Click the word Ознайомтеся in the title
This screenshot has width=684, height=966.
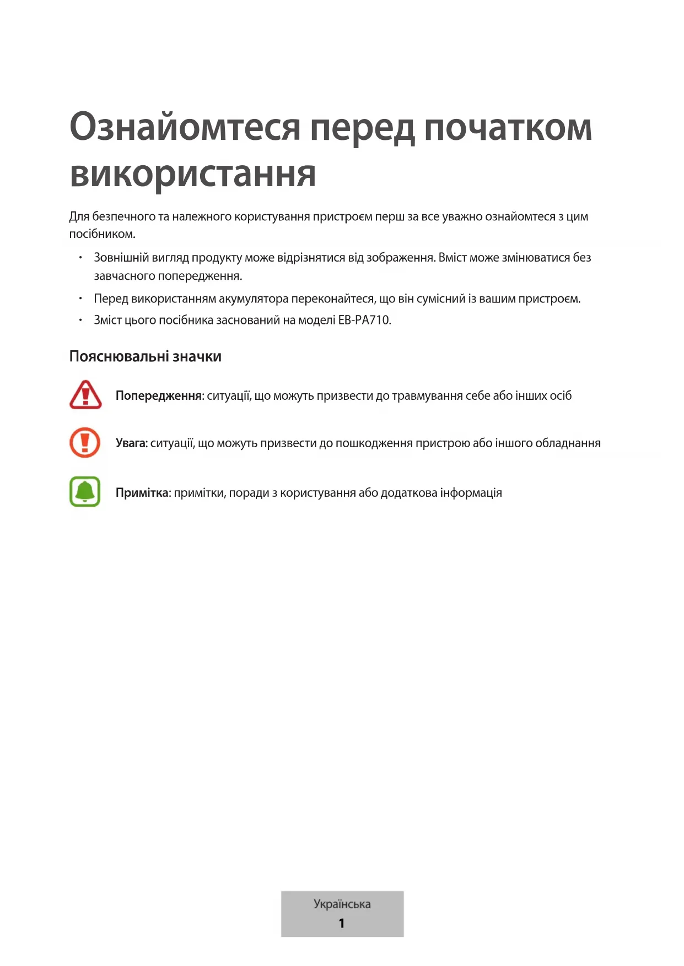(x=185, y=127)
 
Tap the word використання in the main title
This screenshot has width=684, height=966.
(x=193, y=174)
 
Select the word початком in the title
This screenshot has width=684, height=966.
(x=508, y=127)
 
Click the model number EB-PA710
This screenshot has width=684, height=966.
(x=364, y=320)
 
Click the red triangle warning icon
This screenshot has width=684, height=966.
(x=85, y=395)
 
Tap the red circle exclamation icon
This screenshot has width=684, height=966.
(x=85, y=443)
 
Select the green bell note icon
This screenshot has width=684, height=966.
(x=85, y=491)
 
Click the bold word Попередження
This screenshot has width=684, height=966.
(x=159, y=395)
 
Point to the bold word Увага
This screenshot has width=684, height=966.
(x=131, y=443)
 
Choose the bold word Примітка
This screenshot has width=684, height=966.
(x=142, y=492)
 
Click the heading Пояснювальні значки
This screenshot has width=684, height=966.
(x=145, y=356)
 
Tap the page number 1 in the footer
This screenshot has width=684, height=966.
(x=342, y=923)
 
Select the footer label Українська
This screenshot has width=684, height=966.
(x=342, y=904)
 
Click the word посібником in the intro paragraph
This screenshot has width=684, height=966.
(x=101, y=234)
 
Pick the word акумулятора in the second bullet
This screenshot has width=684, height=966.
(x=254, y=299)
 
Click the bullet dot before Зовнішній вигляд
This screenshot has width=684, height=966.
(x=80, y=257)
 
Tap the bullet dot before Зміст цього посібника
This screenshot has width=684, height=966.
(x=80, y=320)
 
